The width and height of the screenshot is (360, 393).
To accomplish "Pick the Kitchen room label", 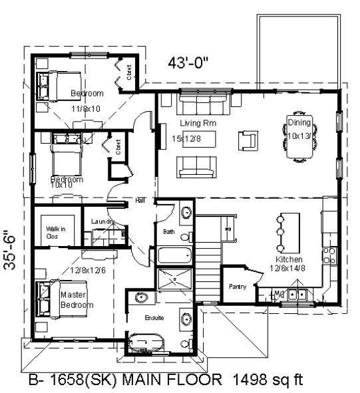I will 289,259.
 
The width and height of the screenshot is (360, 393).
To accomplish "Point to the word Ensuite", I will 154,318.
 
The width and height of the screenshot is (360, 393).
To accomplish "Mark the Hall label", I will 140,199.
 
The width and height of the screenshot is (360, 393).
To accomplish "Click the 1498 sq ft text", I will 268,380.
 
